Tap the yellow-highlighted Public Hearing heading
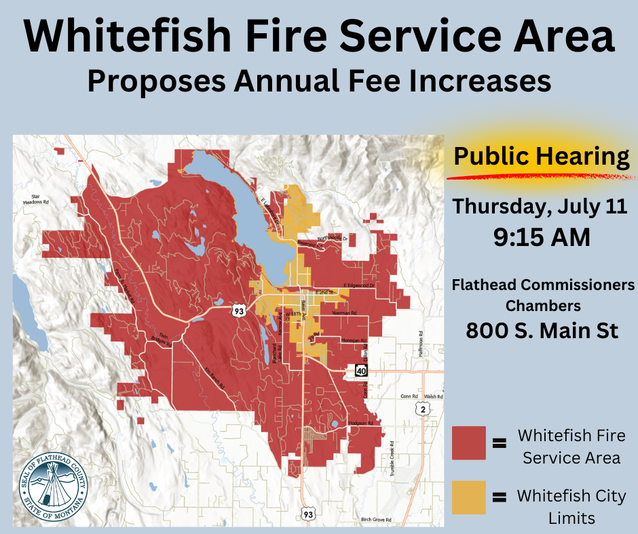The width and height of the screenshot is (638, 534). [541, 157]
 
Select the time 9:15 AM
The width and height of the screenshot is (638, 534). [541, 237]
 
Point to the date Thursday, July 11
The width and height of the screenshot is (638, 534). [541, 206]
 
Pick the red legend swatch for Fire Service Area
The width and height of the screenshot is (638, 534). [468, 443]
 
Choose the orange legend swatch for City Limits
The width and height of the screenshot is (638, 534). [468, 497]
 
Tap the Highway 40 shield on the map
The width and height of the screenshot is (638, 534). [360, 371]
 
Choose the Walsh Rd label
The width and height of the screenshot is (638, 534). [434, 396]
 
